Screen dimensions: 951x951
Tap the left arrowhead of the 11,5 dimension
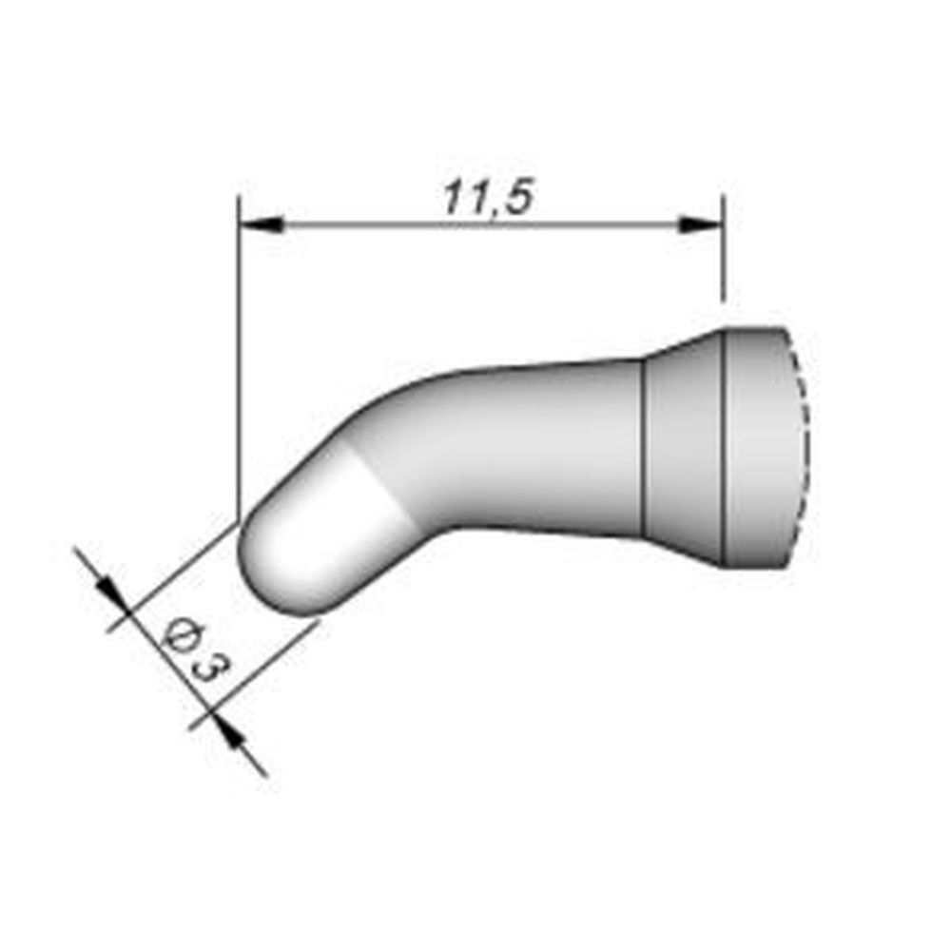262,226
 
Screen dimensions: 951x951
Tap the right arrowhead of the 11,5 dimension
699,226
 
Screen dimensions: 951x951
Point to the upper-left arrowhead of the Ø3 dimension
110,594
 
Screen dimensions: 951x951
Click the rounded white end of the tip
295,552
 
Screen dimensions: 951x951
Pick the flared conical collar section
685,447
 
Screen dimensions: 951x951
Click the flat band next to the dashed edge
761,447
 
